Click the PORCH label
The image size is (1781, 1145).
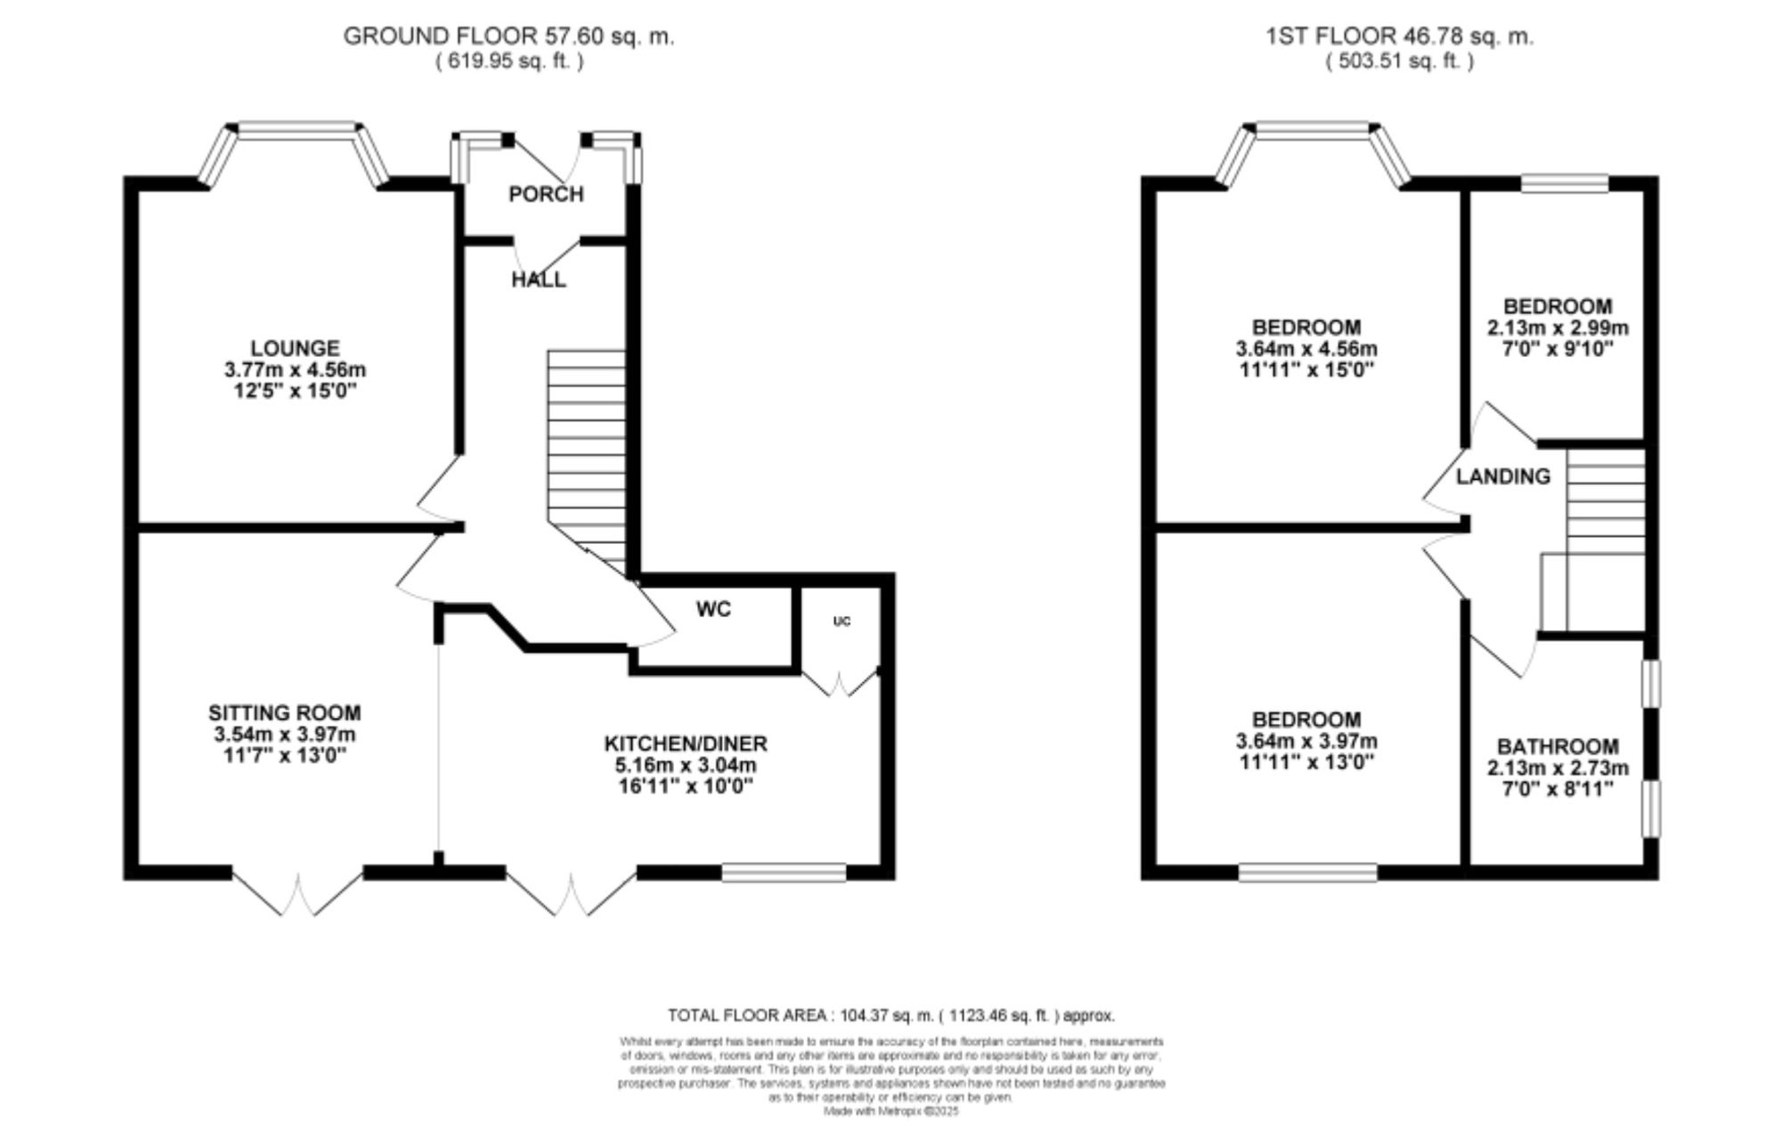tap(546, 194)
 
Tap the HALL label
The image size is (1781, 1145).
tap(538, 280)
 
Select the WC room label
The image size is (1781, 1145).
tap(713, 609)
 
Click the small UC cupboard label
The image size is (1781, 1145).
tap(842, 621)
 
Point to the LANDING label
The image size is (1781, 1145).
tap(1503, 476)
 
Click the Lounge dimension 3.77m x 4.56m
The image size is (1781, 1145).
tap(295, 369)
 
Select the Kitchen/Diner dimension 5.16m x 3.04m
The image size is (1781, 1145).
tap(685, 765)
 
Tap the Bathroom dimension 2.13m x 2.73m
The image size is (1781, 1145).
tap(1557, 768)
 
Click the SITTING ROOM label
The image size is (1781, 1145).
tap(284, 712)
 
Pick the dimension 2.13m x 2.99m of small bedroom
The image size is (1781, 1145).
tap(1557, 328)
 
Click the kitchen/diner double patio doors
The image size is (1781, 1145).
tap(572, 890)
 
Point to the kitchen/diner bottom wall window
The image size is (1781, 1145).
tap(783, 873)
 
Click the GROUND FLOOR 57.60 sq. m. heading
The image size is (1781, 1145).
tap(508, 37)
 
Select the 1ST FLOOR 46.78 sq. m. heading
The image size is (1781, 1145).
tap(1399, 37)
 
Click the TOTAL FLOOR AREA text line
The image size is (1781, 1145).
tap(890, 1015)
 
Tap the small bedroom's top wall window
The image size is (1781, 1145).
tap(1565, 183)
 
